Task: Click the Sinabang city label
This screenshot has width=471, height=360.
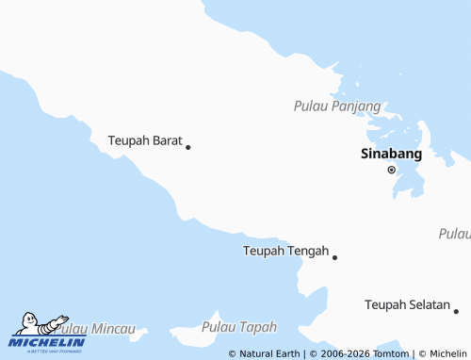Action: click(391, 155)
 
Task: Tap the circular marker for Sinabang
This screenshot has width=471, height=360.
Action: click(391, 171)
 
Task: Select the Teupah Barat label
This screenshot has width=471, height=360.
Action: click(145, 140)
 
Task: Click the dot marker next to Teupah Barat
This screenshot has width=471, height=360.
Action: click(188, 147)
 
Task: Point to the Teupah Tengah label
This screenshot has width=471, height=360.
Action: click(285, 251)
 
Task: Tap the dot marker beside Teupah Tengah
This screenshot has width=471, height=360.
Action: click(334, 256)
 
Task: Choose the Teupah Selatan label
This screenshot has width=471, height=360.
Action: click(407, 305)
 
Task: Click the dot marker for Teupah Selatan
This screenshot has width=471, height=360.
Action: click(456, 311)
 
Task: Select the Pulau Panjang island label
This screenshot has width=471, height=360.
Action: click(336, 106)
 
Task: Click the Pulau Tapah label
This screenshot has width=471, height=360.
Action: click(239, 327)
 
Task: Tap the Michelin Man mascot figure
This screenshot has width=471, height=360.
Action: click(36, 324)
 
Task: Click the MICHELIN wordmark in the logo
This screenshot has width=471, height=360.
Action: click(47, 343)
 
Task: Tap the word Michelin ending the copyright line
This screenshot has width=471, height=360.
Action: click(447, 353)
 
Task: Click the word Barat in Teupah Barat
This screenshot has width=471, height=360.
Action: click(167, 140)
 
